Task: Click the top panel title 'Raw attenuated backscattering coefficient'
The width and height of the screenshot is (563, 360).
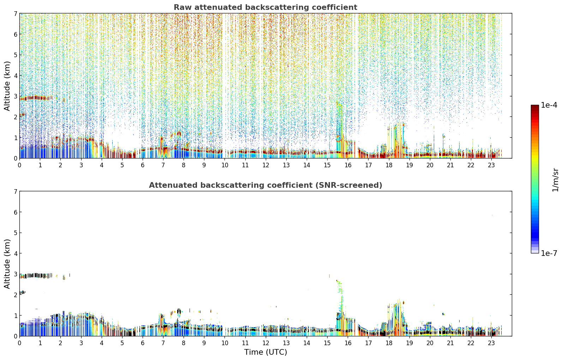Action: point(265,7)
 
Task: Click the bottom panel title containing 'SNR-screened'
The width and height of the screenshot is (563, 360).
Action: point(265,185)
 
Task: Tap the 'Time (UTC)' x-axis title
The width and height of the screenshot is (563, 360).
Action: point(265,352)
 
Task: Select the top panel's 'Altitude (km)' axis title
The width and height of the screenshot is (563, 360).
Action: point(7,86)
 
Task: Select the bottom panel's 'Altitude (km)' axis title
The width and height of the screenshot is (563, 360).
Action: point(7,264)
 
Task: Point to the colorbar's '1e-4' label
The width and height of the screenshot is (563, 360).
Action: point(549,105)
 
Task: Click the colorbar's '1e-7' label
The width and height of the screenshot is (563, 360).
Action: point(549,253)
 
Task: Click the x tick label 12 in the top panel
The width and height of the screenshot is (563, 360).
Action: point(266,165)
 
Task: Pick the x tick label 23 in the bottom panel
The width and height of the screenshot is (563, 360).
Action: point(491,343)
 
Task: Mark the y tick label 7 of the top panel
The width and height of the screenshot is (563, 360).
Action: point(15,13)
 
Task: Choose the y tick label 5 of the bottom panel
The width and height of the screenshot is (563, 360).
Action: point(15,233)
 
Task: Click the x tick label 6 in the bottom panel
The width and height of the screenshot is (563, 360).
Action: point(143,343)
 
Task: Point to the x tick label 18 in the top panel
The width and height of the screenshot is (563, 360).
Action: point(389,165)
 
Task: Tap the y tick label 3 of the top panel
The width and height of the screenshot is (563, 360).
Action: point(15,96)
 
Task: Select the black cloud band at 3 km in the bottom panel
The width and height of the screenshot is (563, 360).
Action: point(36,276)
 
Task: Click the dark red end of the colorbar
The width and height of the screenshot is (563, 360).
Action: point(535,107)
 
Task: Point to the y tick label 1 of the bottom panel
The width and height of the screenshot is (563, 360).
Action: point(15,316)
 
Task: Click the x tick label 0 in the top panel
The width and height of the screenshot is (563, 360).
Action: point(20,165)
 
